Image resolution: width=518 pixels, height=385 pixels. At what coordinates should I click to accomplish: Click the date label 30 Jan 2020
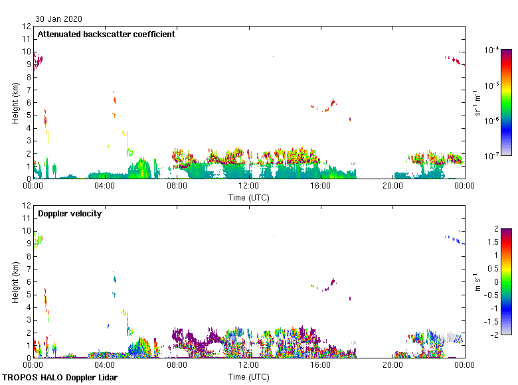[59, 19]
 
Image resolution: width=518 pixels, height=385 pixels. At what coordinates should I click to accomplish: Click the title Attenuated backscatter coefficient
[106, 35]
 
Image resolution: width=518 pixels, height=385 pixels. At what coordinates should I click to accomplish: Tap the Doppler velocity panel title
[70, 214]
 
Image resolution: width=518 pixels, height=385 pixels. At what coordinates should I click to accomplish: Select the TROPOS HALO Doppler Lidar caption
[64, 378]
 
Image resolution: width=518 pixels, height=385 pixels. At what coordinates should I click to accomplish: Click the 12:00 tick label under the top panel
[249, 187]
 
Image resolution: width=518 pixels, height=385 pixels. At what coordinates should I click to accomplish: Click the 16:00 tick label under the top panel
[321, 187]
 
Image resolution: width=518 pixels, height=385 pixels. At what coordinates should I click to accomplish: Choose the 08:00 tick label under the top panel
[177, 187]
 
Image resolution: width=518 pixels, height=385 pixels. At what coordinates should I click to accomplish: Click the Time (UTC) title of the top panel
[249, 197]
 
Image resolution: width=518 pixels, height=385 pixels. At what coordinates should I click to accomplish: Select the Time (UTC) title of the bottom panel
[249, 376]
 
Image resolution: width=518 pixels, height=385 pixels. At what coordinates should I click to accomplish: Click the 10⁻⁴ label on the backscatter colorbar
[492, 50]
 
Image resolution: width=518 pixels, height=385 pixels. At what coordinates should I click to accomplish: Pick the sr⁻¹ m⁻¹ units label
[477, 103]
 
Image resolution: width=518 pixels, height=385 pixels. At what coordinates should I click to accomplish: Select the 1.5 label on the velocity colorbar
[494, 242]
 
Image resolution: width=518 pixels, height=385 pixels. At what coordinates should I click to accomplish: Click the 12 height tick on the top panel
[27, 27]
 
